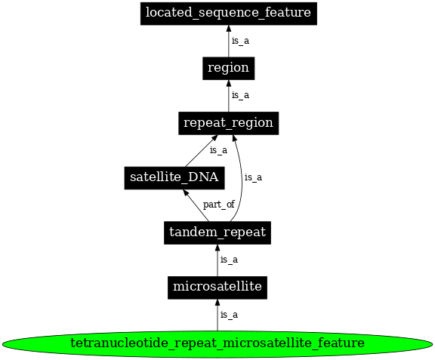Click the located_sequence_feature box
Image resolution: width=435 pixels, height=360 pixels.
pos(229,14)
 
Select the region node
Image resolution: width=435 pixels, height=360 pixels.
pos(229,68)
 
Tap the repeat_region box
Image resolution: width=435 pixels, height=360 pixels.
pos(229,123)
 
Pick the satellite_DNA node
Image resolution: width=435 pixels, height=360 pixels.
pos(174,178)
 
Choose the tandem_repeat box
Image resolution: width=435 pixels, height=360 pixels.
pos(217,232)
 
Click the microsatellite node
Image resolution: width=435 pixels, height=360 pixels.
pos(217,288)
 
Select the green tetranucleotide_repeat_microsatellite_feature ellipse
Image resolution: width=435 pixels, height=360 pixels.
pos(217,344)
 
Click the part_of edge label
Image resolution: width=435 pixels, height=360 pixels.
pos(219,205)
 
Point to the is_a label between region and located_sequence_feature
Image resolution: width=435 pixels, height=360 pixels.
pos(240,41)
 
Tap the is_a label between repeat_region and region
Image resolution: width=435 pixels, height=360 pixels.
pos(240,95)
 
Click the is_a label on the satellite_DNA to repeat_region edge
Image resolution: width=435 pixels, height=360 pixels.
pos(218,150)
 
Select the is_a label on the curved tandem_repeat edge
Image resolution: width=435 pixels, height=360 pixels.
pos(253,177)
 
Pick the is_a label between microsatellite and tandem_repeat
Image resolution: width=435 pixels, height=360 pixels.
pos(229,260)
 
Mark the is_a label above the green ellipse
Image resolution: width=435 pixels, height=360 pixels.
pos(229,315)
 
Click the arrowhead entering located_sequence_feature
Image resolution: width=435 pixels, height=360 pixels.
pos(229,29)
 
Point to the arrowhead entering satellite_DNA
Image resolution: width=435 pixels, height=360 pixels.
pos(186,192)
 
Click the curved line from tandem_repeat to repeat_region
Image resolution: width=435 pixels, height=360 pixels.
pos(242,177)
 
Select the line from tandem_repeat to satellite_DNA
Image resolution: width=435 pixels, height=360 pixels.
pos(196,205)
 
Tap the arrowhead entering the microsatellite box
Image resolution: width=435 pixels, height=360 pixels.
pos(217,303)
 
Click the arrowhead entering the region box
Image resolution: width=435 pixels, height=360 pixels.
pos(229,84)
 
